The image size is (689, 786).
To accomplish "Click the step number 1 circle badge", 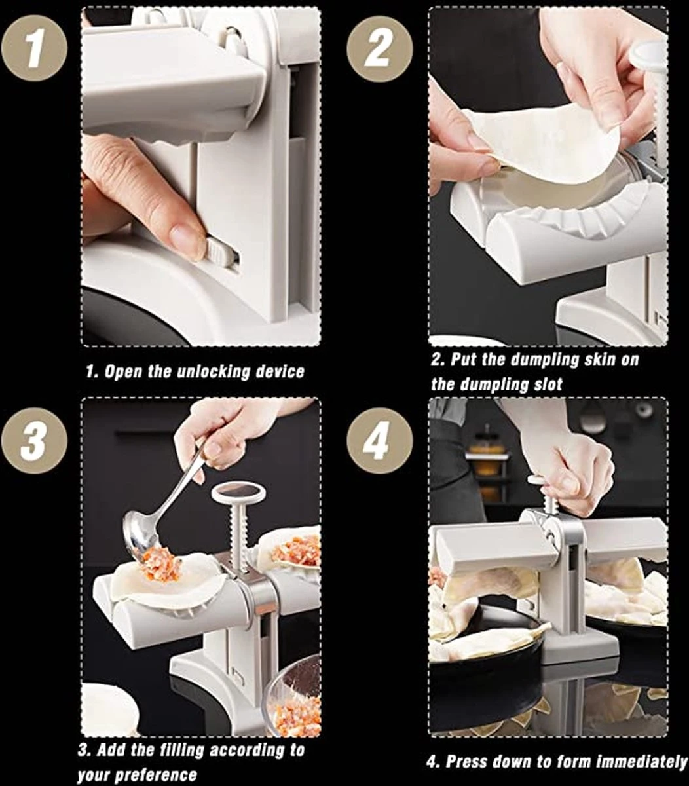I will click(34, 48).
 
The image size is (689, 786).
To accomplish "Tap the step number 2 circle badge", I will click(380, 48).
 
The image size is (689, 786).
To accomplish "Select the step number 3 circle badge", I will click(34, 441).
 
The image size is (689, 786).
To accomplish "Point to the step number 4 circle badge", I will click(380, 441).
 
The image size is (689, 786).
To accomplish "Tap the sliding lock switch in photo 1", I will click(220, 253).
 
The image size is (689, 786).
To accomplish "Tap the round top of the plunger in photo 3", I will click(238, 492).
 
